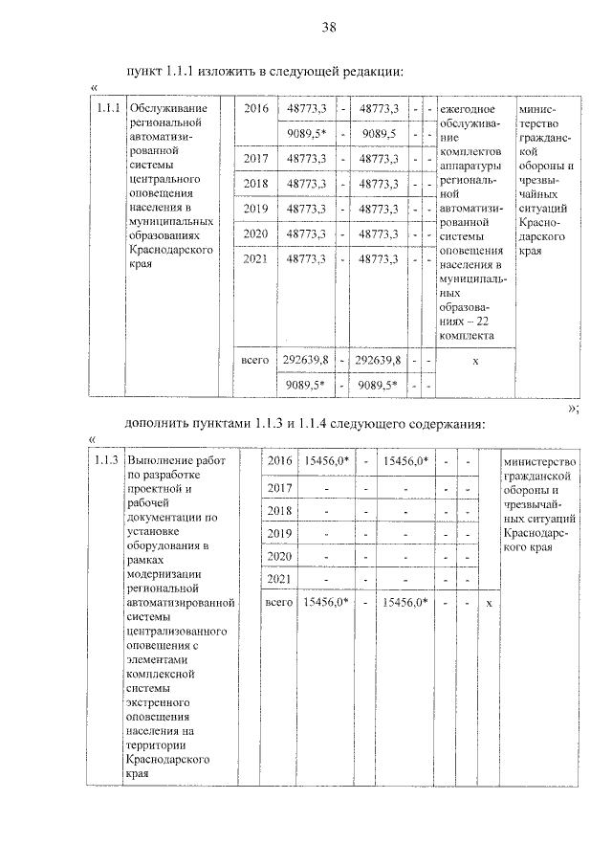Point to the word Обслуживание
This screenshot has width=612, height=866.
pos(168,108)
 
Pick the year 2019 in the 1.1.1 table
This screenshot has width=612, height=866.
pos(255,208)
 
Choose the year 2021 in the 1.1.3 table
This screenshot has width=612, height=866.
pos(278,580)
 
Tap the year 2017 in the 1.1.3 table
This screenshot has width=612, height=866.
pos(278,488)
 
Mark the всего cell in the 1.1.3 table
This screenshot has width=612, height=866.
pos(278,603)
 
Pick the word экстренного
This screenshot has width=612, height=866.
pos(162,701)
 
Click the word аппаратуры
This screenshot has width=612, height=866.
pos(470,167)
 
